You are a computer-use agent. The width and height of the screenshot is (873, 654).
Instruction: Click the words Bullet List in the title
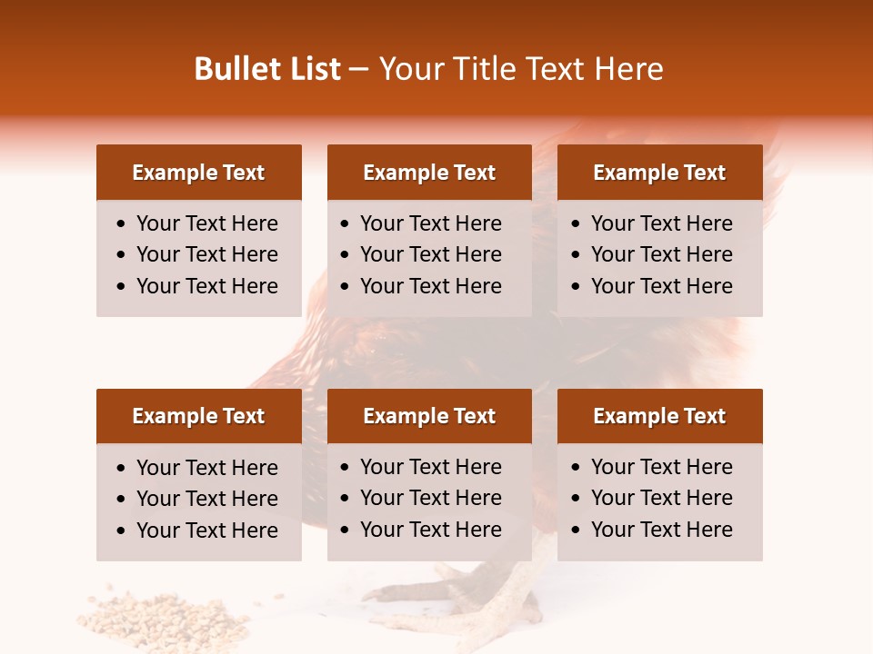coord(267,69)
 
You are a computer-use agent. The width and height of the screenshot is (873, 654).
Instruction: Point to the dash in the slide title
coord(358,70)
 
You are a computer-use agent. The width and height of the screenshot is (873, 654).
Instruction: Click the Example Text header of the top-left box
coord(198,173)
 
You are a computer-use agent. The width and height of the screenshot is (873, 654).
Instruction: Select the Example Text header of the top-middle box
coord(429,173)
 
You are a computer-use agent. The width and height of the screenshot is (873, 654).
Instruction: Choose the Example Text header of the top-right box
coord(659,173)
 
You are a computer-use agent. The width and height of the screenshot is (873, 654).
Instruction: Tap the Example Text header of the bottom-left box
coord(198,416)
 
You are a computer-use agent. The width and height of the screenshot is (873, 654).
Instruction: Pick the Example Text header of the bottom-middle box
coord(429,416)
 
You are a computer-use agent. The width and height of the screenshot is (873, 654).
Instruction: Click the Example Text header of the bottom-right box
coord(659,416)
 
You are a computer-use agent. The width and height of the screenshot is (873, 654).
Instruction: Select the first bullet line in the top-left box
coord(206,223)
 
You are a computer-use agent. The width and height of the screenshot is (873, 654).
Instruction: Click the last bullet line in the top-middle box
coord(430,286)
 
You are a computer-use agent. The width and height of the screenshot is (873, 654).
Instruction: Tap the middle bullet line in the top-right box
coord(661,254)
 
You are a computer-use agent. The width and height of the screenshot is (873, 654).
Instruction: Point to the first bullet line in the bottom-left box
coord(206,468)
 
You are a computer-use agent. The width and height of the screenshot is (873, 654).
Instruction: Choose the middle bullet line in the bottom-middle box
coord(430,498)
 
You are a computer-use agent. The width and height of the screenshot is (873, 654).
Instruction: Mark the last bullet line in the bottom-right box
coord(661,530)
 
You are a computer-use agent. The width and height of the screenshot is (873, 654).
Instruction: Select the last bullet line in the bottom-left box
coord(206,530)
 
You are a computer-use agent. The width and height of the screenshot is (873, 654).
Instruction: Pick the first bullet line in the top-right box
coord(661,223)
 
